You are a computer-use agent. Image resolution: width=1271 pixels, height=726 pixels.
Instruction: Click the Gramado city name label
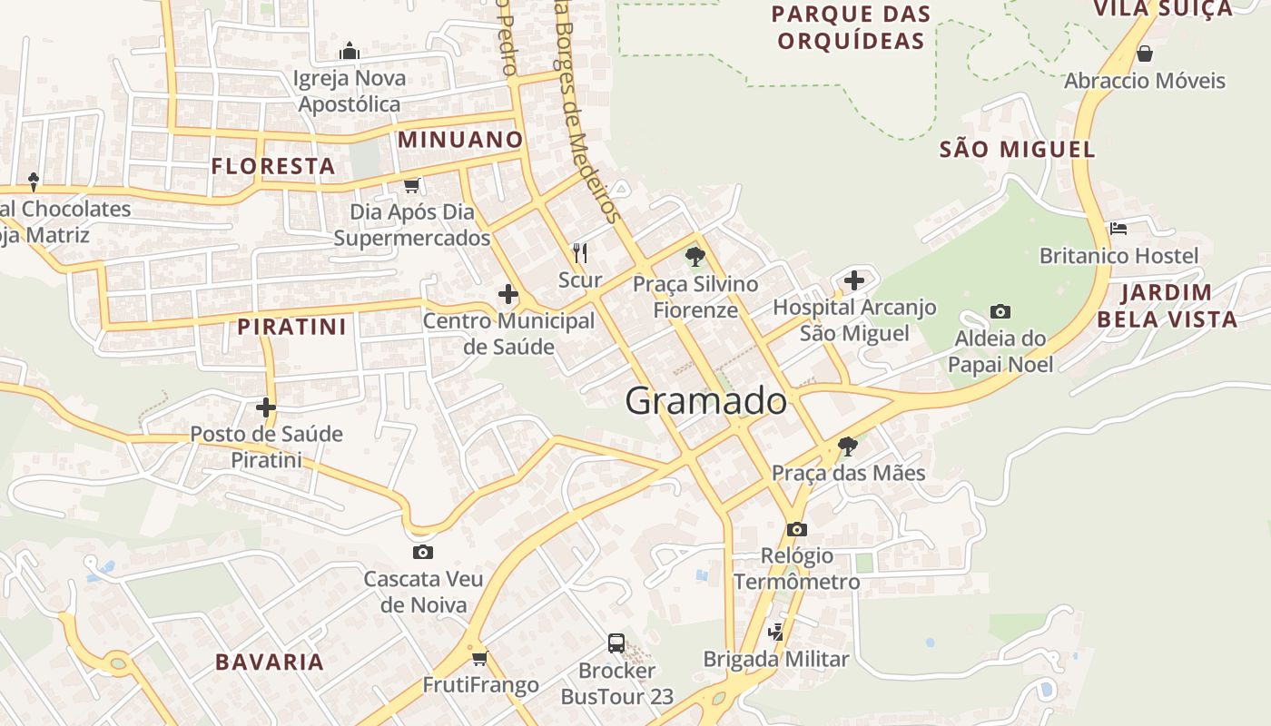(706, 400)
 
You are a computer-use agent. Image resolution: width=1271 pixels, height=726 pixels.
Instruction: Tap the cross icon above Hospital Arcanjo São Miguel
(853, 280)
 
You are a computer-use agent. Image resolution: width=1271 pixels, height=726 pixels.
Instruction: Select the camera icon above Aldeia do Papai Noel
(1000, 311)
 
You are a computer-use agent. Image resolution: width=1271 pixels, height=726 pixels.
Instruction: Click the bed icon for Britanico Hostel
(1118, 229)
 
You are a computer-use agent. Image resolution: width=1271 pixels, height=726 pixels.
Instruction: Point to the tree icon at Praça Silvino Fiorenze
(695, 257)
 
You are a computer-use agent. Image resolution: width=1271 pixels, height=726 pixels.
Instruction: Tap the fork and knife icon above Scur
(580, 252)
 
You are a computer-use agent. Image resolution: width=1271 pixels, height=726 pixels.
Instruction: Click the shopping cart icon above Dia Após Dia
(412, 185)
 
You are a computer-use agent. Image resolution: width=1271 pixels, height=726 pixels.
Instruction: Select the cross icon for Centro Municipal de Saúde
(507, 294)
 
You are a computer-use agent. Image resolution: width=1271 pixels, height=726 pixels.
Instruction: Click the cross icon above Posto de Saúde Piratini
(265, 407)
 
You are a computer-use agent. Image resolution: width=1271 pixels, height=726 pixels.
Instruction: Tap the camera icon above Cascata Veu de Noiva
(422, 552)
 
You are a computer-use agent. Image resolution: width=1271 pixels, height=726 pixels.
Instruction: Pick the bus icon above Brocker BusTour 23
(616, 643)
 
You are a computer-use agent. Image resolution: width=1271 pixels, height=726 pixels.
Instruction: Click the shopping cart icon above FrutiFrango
(479, 657)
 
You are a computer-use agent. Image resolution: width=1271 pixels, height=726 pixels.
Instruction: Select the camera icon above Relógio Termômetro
(796, 529)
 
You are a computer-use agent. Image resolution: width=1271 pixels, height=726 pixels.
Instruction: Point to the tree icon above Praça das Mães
(847, 446)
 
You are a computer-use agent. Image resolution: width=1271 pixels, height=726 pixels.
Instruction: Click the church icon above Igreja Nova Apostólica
(349, 51)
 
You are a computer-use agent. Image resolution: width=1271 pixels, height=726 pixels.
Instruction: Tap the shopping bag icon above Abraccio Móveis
(1144, 54)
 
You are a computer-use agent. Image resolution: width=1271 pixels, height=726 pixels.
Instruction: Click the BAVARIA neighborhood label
(270, 662)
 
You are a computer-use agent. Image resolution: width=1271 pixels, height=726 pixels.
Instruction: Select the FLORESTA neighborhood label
(273, 166)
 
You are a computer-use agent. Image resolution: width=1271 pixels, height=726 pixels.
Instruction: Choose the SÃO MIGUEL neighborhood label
(1017, 149)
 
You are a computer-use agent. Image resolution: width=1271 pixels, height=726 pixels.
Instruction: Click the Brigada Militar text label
(776, 659)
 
